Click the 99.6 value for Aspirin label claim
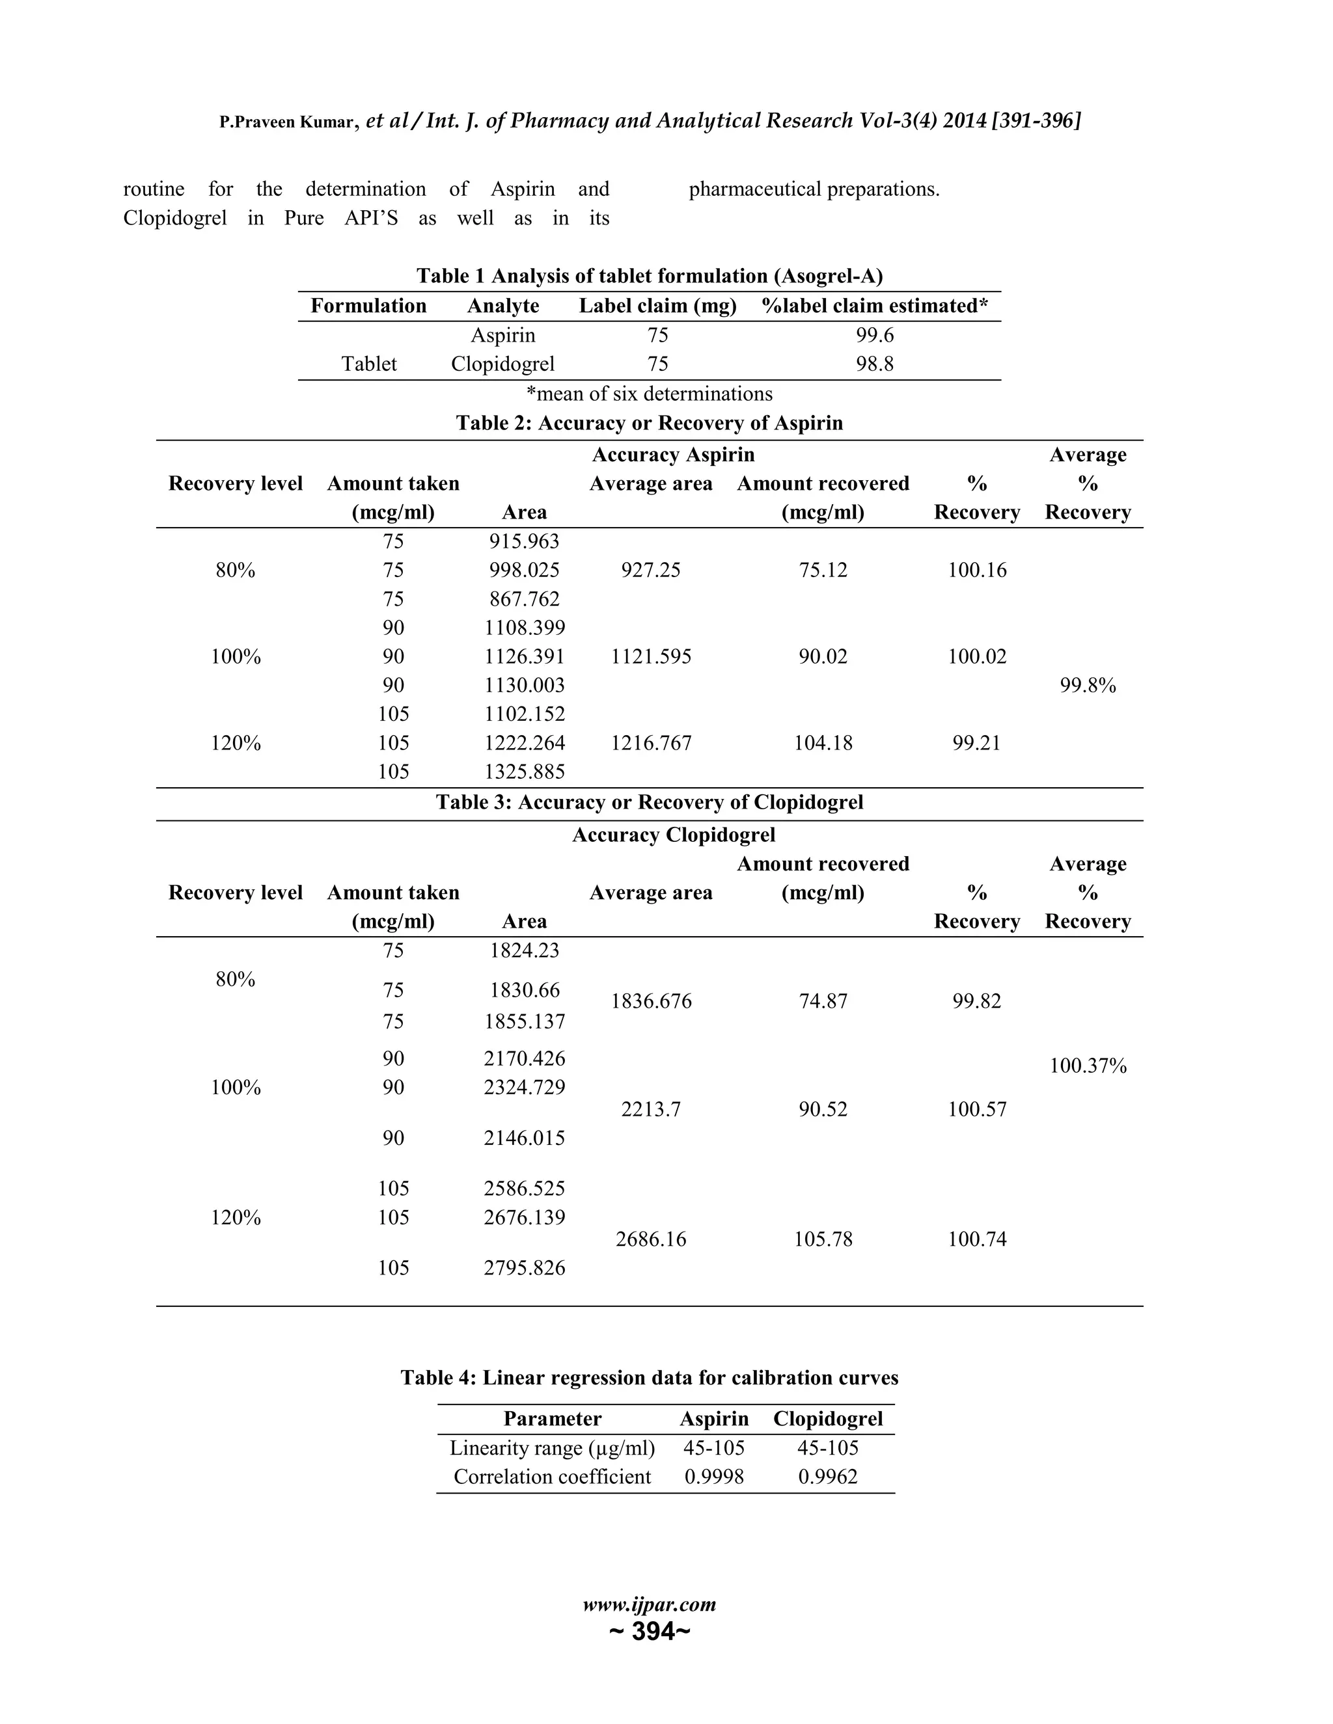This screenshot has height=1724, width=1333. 874,336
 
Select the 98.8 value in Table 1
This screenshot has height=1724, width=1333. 874,364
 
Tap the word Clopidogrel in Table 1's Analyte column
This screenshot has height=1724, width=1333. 502,364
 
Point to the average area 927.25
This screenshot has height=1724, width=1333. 650,570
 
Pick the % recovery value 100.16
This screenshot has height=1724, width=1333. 977,570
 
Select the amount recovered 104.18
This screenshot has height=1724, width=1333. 823,743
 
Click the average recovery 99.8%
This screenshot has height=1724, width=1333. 1088,685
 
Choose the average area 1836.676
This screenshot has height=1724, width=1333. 650,1001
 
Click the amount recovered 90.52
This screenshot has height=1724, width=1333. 823,1109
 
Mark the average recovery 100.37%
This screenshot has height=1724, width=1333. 1088,1066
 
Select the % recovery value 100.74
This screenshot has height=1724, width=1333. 977,1239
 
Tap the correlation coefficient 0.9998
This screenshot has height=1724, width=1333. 713,1477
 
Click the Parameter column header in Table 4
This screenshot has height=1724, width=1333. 552,1418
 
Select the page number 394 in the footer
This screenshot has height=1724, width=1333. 650,1631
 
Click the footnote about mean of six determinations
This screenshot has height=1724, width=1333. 649,393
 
